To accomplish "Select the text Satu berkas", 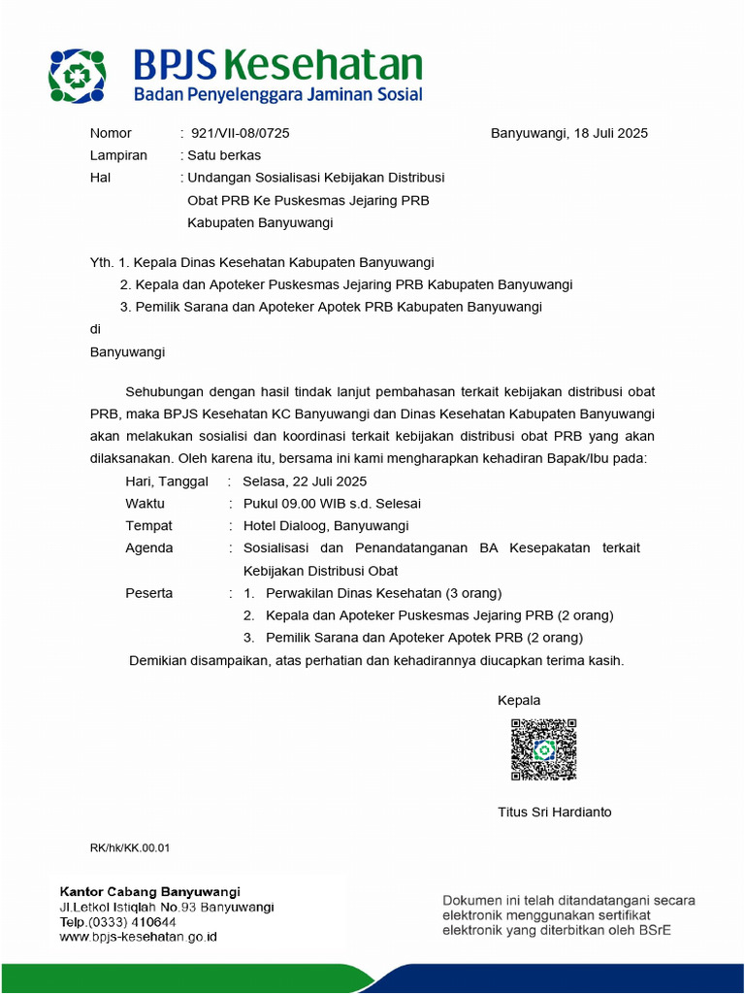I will click(223, 154).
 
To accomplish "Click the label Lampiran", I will click(118, 154).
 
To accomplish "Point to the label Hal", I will click(101, 177).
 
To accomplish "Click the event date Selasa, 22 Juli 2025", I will click(305, 480).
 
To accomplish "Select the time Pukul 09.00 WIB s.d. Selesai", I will click(332, 503).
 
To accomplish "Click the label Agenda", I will click(149, 547).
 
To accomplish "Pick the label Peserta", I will click(149, 592).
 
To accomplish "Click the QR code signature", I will click(543, 749).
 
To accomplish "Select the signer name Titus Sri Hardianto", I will click(554, 812).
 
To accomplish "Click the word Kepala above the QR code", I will click(519, 700).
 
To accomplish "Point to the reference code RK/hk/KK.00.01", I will click(130, 847).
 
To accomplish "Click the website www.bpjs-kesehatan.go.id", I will click(138, 937).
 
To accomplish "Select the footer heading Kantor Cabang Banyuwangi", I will click(150, 891).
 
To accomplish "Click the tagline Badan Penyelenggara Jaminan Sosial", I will click(277, 95).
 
